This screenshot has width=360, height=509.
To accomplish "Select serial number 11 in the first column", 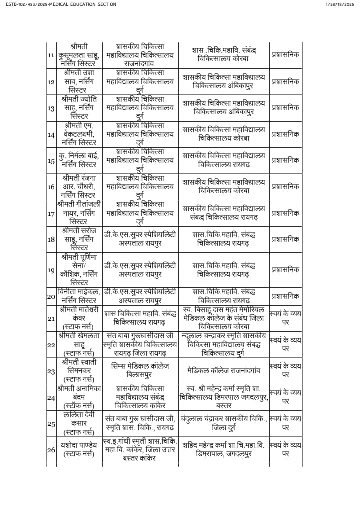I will (51, 55).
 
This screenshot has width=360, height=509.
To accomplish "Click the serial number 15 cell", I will (51, 161).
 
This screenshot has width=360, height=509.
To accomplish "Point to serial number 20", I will (51, 296).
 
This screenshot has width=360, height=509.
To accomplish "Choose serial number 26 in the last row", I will (51, 450).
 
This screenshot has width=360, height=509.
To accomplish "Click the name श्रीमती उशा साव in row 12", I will (79, 81).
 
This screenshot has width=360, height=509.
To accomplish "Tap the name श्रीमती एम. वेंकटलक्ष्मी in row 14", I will (79, 134).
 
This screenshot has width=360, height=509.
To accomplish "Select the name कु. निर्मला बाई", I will (79, 160).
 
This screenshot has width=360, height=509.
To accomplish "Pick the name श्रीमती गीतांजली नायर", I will (79, 213).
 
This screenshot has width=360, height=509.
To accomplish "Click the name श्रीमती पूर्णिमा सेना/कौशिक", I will (79, 270).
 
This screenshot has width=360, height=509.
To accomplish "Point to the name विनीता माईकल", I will (79, 296).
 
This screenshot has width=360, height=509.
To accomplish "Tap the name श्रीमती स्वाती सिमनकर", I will (79, 371).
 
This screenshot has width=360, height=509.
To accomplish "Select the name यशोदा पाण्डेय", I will (79, 450).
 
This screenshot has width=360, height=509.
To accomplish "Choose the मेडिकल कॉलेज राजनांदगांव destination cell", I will (223, 371).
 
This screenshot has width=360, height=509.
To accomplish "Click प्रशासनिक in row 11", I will (285, 55).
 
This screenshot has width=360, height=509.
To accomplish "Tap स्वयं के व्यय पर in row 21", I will (285, 318).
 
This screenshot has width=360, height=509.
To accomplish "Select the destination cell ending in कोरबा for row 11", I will (223, 55).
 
